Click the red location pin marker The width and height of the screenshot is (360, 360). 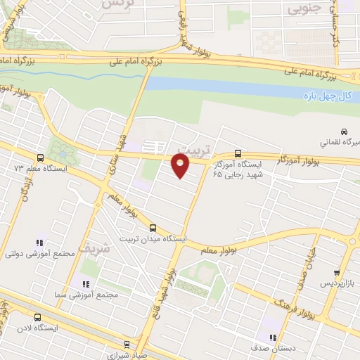point(181,166)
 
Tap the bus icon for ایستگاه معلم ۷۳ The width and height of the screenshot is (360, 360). point(39,158)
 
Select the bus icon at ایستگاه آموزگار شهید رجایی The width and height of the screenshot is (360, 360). point(238,153)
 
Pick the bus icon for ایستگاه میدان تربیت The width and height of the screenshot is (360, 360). point(153,228)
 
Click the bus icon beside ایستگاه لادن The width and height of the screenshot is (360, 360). point(37,317)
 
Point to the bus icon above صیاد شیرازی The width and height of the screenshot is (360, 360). point(127,345)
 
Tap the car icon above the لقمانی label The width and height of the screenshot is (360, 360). point(343,131)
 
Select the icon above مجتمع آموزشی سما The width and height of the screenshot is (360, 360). point(85,284)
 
